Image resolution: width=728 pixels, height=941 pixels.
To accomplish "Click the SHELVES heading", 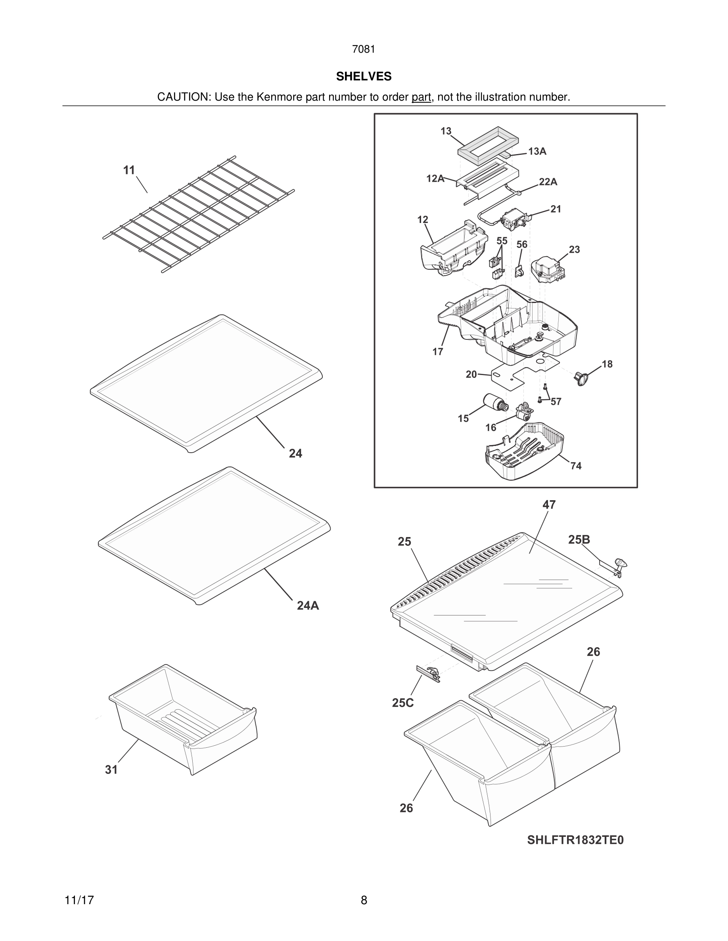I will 364,76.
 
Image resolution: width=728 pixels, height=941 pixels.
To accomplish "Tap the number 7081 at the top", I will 364,50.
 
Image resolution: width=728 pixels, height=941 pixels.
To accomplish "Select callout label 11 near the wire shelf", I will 129,170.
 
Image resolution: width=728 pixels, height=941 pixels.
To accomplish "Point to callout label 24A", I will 308,606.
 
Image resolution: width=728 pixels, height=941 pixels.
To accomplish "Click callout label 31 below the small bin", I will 111,770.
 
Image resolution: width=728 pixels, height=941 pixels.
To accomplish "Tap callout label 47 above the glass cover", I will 549,505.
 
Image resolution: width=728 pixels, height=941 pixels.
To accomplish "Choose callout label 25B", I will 579,539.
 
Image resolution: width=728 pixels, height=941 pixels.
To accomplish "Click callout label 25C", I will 403,703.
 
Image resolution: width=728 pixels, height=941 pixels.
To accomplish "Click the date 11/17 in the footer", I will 79,900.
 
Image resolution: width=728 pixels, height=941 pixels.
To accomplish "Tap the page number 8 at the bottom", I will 364,900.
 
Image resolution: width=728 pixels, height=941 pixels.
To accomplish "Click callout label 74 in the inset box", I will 576,466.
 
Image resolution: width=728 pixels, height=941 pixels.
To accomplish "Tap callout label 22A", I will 548,182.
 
